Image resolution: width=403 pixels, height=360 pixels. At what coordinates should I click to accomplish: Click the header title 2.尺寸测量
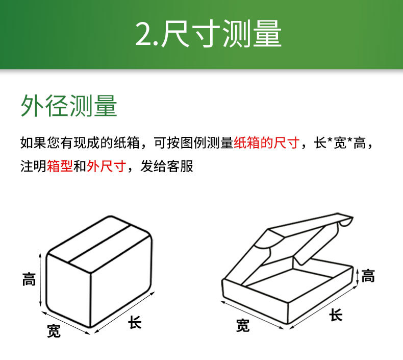click(x=208, y=35)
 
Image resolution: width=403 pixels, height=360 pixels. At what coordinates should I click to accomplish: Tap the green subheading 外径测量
click(x=69, y=106)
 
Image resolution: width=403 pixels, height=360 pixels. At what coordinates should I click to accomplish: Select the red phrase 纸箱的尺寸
click(x=266, y=143)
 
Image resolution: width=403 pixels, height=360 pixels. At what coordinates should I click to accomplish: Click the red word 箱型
click(x=60, y=166)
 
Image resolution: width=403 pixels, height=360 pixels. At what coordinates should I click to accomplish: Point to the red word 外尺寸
click(x=106, y=166)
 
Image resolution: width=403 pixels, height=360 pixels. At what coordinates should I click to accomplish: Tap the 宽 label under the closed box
click(x=54, y=331)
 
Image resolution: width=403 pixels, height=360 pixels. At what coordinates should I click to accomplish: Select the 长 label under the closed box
click(x=135, y=323)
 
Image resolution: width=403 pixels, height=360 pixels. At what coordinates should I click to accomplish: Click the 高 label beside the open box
click(x=368, y=276)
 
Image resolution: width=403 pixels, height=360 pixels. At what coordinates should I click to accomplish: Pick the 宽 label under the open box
click(x=243, y=325)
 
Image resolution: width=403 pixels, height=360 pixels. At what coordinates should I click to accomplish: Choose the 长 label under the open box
click(x=336, y=315)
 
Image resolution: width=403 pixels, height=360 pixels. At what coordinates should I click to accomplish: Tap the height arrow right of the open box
click(x=358, y=276)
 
